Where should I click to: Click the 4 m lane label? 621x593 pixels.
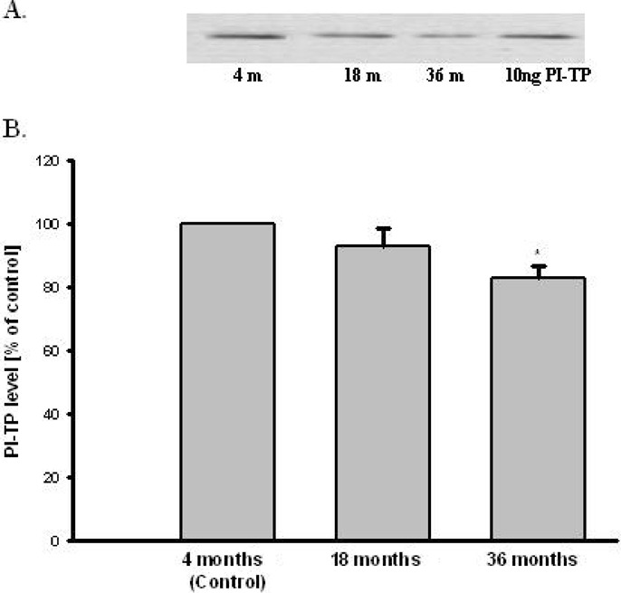tap(244, 75)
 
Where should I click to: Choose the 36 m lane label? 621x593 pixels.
tap(444, 75)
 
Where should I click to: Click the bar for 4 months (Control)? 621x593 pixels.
tap(227, 381)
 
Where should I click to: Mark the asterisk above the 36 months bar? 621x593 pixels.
tap(538, 253)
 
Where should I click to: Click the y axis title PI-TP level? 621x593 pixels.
tap(19, 350)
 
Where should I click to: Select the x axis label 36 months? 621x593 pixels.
tap(539, 561)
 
